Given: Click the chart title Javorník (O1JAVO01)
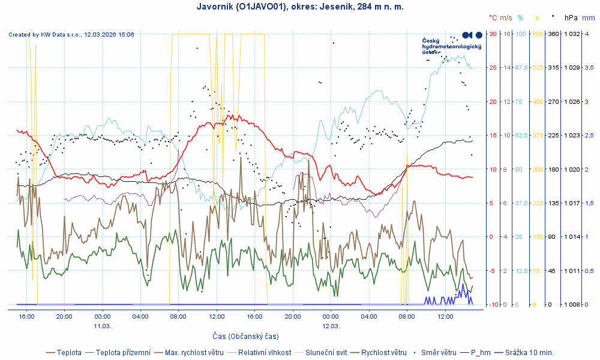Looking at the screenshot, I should [300, 7].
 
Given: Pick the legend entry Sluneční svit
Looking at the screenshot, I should [324, 352].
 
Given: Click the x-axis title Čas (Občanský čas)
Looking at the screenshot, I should [245, 336].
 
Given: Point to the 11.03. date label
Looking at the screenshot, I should [102, 326].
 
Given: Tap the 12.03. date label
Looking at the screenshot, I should [331, 326].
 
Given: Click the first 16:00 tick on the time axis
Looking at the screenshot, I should [26, 316].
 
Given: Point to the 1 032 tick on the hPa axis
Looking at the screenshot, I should [570, 34].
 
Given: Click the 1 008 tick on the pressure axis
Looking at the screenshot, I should [570, 304].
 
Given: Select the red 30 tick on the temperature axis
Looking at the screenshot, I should [493, 34].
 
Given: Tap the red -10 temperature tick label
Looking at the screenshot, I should [493, 304].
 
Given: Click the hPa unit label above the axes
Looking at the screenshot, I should [571, 18].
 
